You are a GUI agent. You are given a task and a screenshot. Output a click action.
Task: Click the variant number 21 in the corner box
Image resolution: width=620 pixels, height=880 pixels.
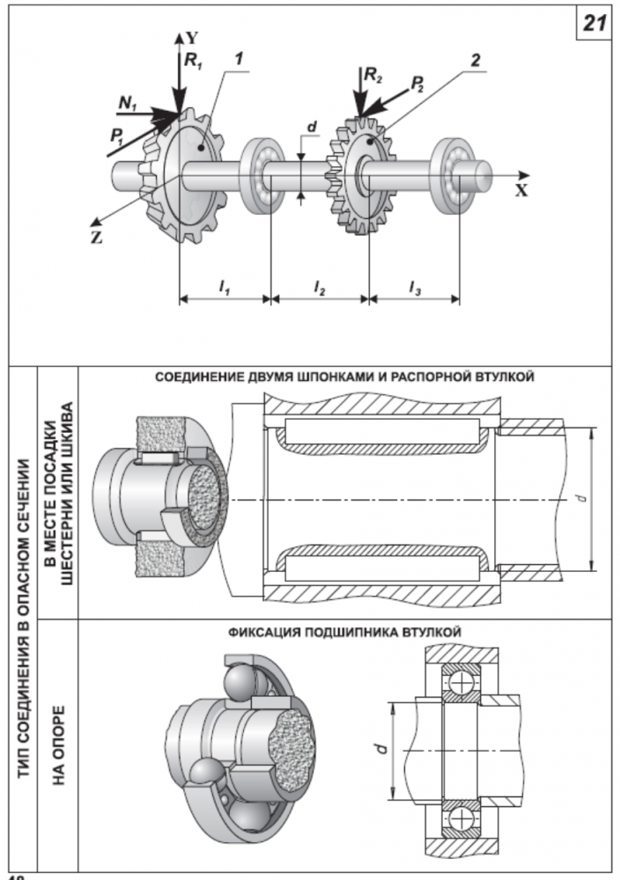[594, 25]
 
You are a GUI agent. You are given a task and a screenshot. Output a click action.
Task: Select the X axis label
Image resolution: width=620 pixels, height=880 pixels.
[521, 189]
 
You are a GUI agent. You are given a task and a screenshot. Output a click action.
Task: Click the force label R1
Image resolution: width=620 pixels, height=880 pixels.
[193, 62]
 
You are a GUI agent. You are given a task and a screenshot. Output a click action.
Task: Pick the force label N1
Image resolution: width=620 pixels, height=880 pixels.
[129, 104]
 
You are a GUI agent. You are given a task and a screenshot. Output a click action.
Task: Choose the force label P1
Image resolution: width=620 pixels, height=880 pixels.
[117, 136]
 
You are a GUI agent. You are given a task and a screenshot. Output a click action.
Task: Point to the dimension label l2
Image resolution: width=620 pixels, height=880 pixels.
[320, 286]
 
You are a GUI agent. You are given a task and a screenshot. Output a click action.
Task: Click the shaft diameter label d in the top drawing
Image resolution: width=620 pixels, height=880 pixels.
[312, 128]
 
